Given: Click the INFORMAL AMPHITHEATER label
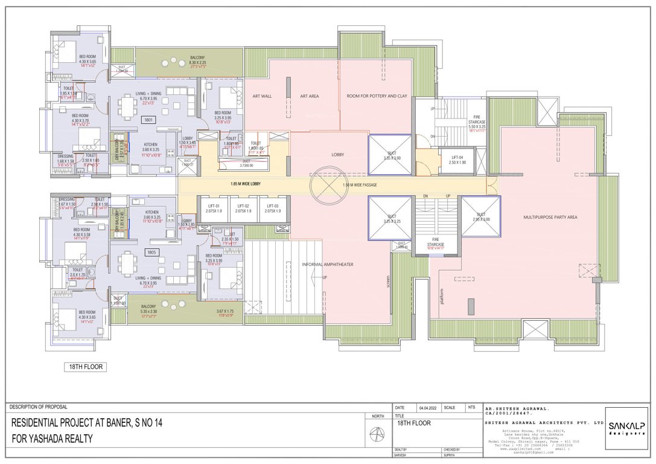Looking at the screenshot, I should click(x=328, y=264).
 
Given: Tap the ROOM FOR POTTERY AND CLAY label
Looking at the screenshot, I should click(x=377, y=96).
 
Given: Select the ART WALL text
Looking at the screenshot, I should click(x=262, y=96).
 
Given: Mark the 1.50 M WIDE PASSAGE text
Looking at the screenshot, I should click(x=360, y=185).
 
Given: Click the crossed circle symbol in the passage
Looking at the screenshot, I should click(x=329, y=185).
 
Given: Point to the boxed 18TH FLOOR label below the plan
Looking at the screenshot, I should click(x=85, y=367).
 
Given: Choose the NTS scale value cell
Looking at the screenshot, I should click(x=471, y=408).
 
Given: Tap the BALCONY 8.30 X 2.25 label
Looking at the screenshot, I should click(x=197, y=60).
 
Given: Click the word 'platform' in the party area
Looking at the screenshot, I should click(x=442, y=297).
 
